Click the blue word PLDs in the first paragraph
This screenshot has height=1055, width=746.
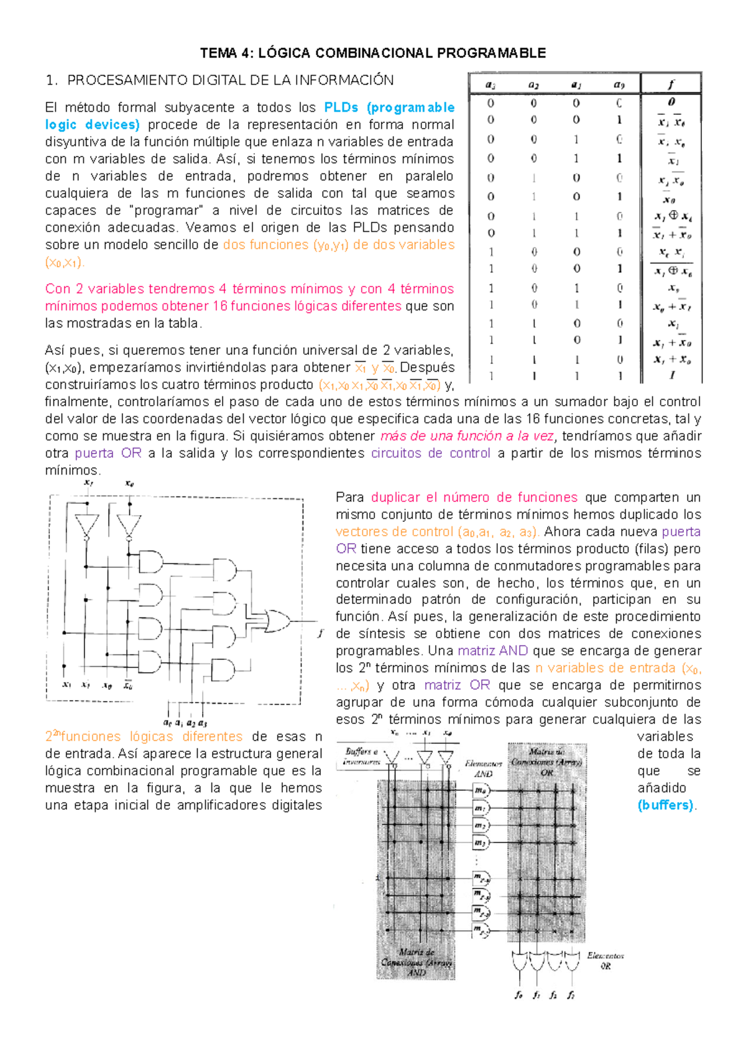[341, 107]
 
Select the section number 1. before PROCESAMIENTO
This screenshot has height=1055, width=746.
[52, 80]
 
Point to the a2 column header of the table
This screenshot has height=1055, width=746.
[533, 84]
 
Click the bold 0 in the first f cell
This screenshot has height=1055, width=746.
[671, 102]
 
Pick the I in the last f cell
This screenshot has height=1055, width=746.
[672, 375]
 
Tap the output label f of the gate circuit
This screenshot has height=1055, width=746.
[320, 633]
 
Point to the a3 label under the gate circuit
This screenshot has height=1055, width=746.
[203, 723]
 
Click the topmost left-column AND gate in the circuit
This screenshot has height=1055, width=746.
[150, 562]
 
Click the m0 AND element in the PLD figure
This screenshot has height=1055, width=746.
[481, 791]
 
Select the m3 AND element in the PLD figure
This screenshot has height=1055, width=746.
[481, 843]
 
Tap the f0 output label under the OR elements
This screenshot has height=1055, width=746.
[518, 995]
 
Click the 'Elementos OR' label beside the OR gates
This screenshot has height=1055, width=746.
[606, 961]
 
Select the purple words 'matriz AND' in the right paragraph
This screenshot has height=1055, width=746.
[492, 651]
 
